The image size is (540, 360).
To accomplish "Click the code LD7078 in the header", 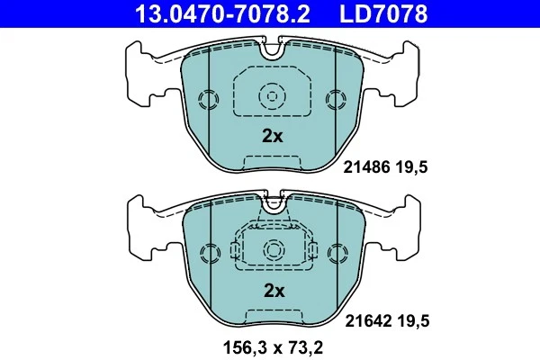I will [382, 13].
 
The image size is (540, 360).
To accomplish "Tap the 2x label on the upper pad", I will [272, 137].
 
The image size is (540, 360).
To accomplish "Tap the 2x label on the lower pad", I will [273, 291].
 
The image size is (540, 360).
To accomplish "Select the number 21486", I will [365, 167].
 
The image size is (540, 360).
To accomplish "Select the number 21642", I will [365, 320].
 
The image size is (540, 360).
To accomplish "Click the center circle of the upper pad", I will [272, 95].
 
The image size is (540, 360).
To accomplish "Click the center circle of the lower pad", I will [272, 249].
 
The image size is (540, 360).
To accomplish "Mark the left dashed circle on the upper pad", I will [208, 99].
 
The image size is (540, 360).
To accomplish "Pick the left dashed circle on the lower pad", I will [208, 253].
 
